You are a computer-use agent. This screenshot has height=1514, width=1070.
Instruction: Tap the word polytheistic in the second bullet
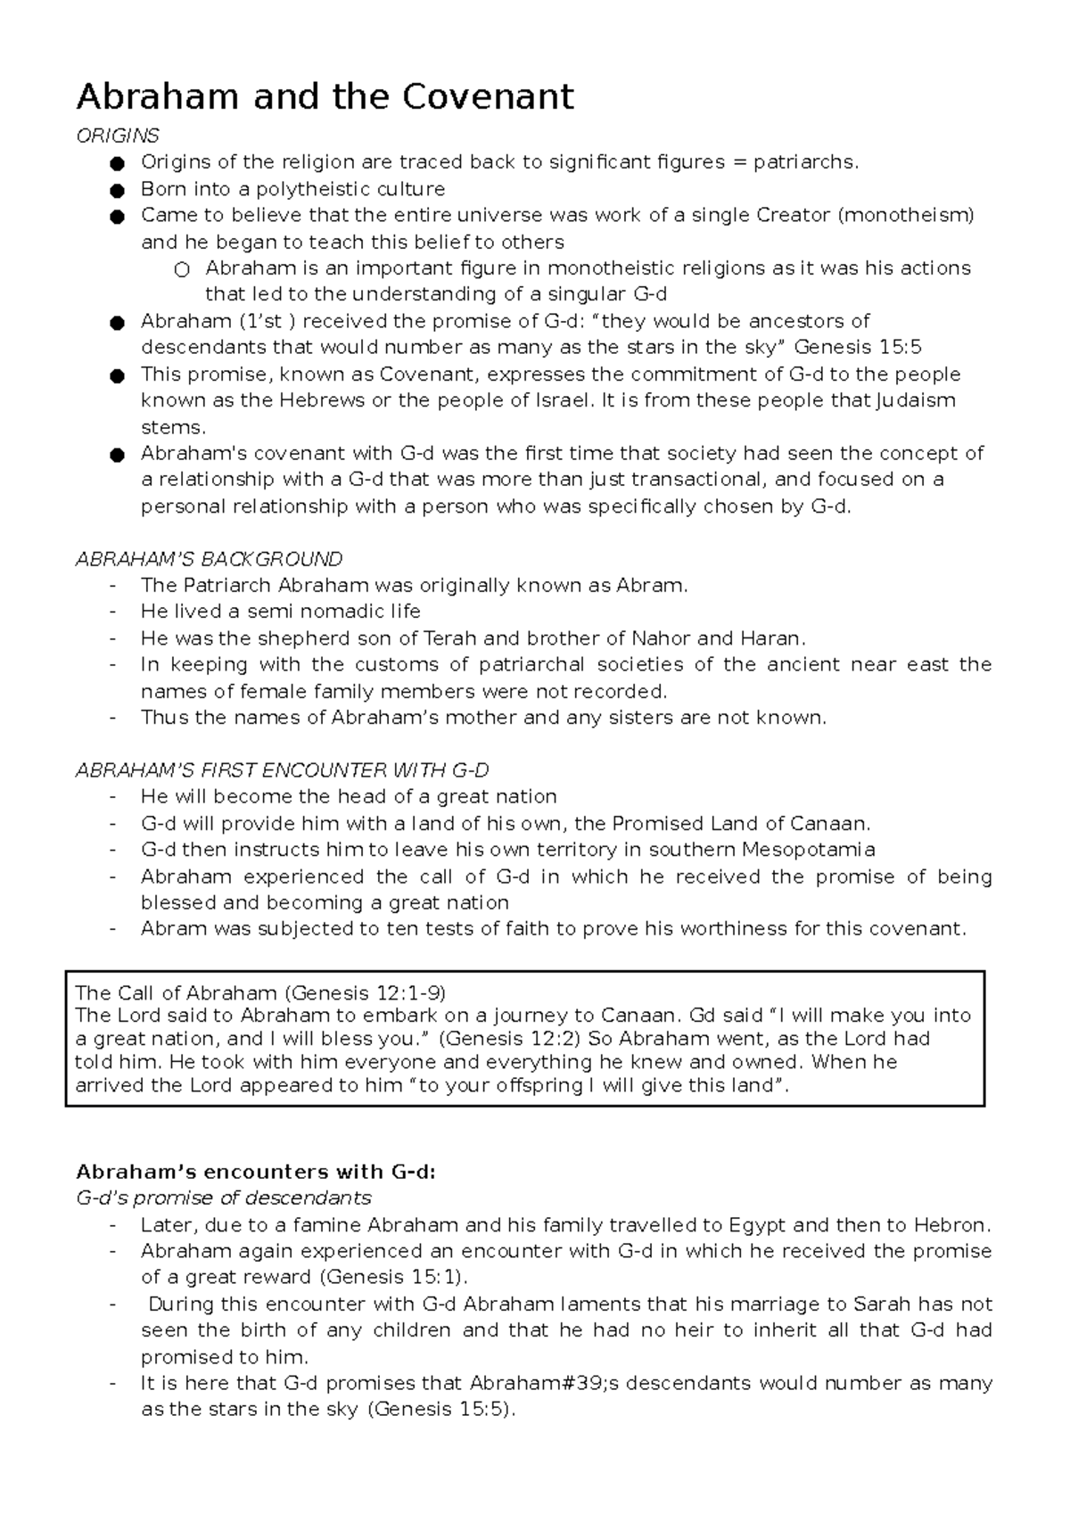point(313,189)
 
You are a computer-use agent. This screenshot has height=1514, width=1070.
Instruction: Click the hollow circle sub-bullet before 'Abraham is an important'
point(182,269)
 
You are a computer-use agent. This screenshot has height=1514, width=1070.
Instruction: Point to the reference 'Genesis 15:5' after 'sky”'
point(857,347)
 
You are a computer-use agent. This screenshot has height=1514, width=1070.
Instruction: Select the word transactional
point(697,480)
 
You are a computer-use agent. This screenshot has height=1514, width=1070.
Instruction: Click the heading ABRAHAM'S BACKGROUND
point(209,559)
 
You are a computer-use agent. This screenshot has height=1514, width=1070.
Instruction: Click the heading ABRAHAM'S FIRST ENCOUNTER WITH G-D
point(282,770)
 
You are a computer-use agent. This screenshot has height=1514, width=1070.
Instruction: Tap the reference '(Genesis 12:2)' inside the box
point(510,1039)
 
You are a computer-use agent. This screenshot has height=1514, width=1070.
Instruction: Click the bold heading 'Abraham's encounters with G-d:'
point(256,1172)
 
